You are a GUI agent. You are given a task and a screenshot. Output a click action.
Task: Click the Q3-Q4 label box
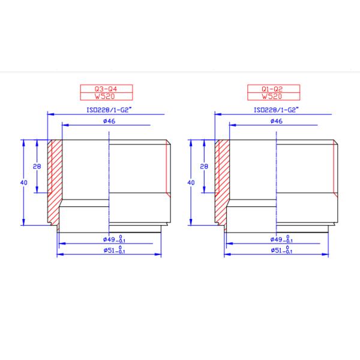click(x=106, y=88)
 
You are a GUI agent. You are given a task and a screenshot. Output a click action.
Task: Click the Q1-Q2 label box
click(x=272, y=88)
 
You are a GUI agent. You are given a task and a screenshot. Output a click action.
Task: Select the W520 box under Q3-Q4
click(x=106, y=95)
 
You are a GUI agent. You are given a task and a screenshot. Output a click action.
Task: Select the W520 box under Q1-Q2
click(x=272, y=95)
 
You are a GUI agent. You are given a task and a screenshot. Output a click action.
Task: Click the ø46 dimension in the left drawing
click(x=109, y=122)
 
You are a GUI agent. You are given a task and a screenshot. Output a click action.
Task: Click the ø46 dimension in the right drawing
click(x=277, y=122)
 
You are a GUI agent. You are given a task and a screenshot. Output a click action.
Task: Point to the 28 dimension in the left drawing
click(x=37, y=166)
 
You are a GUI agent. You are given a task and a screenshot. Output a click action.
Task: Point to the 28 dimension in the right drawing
click(x=203, y=166)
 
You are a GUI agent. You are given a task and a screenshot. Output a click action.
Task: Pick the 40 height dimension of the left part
click(x=25, y=182)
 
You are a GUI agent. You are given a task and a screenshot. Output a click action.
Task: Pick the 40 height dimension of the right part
click(x=191, y=182)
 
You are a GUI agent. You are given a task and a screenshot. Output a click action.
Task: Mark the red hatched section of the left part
click(x=55, y=180)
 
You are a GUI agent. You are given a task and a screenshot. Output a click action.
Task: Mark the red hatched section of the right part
click(x=221, y=180)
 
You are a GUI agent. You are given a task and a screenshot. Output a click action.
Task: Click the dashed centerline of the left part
click(x=110, y=180)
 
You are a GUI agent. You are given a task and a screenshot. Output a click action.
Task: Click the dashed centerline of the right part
click(x=277, y=180)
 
